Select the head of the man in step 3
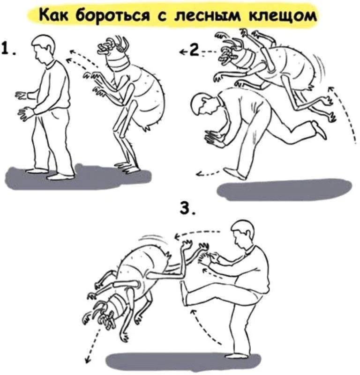coord(244,232)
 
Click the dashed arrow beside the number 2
coord(209,51)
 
